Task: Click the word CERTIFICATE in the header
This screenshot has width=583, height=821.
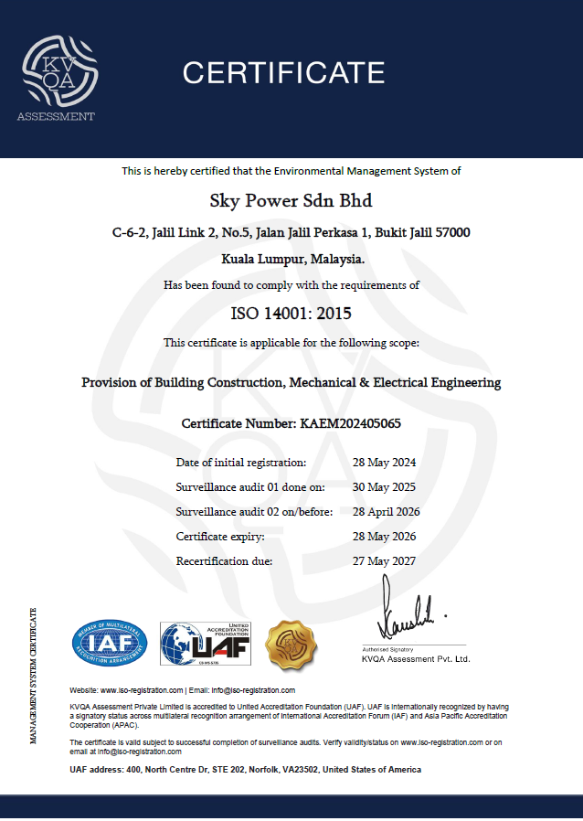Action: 283,72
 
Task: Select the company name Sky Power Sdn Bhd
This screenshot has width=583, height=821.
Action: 291,200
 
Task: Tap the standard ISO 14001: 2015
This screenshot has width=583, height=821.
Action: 291,314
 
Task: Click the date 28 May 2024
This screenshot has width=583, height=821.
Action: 384,462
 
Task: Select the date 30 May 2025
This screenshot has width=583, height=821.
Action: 384,486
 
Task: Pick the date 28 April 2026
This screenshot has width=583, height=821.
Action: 387,511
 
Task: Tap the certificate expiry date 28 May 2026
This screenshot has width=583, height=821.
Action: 384,536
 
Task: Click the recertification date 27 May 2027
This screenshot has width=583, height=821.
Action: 384,560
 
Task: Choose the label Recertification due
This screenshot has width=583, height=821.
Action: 224,560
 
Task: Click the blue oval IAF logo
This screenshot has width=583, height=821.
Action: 110,644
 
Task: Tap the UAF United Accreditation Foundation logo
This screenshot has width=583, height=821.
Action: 206,645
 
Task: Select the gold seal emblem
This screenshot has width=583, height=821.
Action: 291,644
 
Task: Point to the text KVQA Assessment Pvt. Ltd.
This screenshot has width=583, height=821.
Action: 416,658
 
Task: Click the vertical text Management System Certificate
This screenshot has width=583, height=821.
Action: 34,675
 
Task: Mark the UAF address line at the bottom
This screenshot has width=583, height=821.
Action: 246,770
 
